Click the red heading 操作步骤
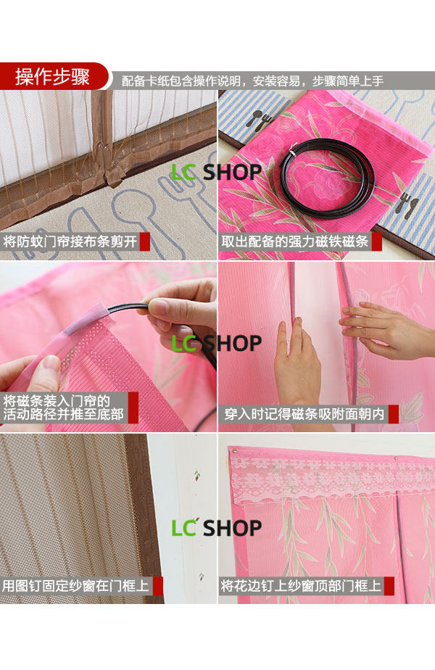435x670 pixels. (52, 77)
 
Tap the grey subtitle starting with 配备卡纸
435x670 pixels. (252, 80)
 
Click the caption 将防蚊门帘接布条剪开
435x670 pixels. (70, 241)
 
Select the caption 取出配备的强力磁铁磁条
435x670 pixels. (294, 241)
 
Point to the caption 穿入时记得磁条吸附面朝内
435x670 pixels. (304, 414)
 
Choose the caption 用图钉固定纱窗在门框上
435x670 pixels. (76, 585)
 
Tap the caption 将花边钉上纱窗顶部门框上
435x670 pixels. (300, 585)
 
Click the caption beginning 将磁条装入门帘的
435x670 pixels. (63, 408)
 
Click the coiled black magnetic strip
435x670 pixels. (327, 178)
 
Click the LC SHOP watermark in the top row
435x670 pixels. (216, 172)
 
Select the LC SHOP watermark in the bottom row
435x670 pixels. (216, 528)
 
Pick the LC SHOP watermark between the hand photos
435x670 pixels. (216, 343)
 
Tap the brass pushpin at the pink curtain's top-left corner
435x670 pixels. (233, 451)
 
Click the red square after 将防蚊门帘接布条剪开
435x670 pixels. (145, 241)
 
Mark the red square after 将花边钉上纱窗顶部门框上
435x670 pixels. (389, 586)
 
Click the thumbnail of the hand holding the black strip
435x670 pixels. (108, 347)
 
